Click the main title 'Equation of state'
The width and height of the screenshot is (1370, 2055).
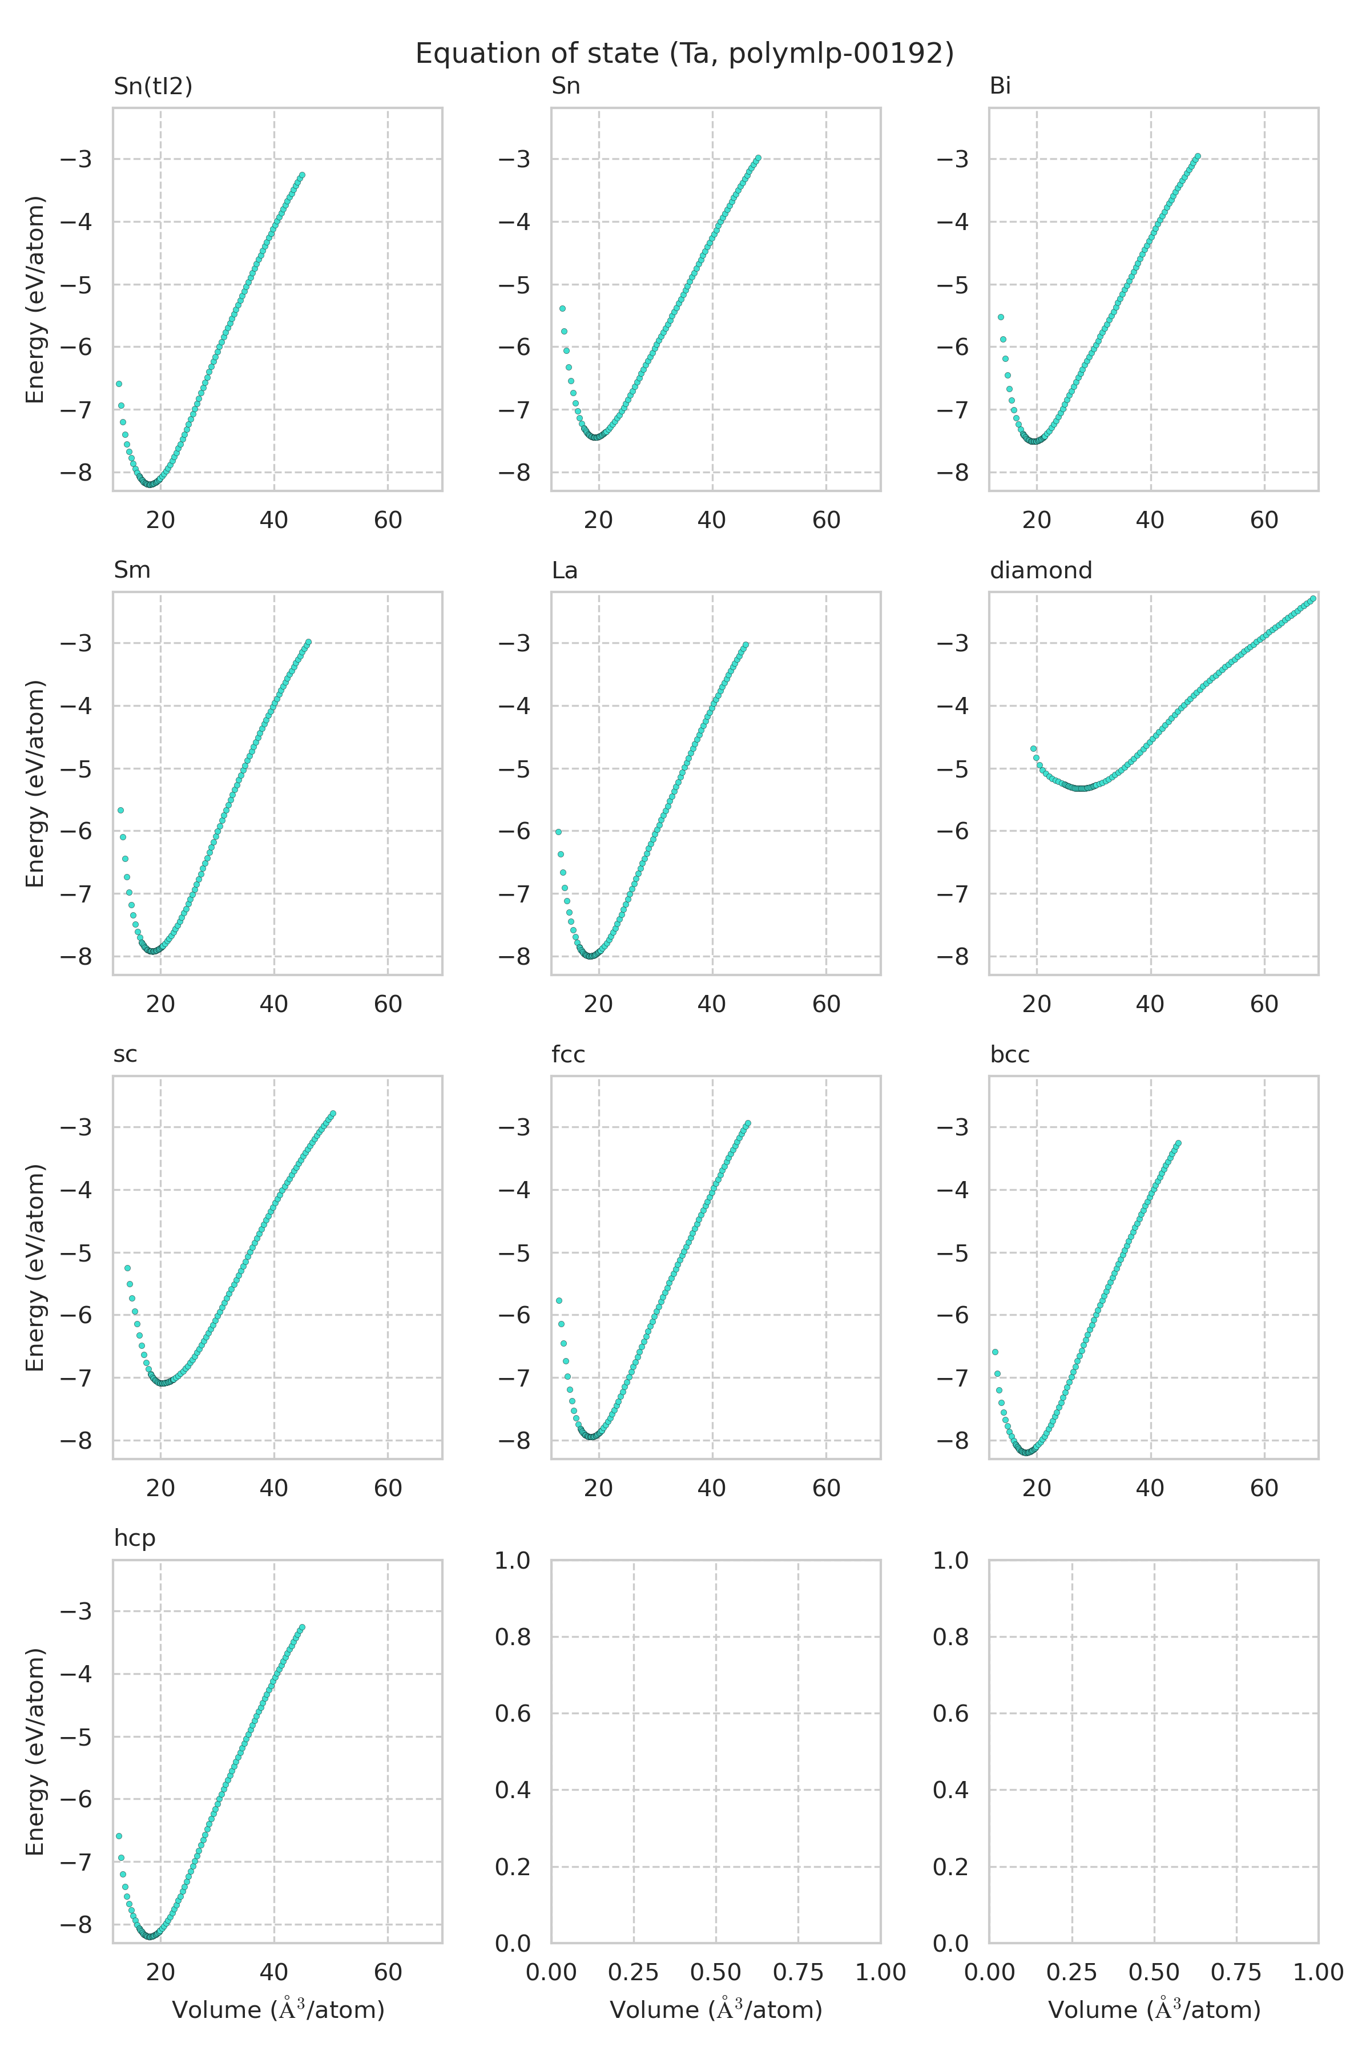tap(684, 54)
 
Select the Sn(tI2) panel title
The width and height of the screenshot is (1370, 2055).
tap(153, 87)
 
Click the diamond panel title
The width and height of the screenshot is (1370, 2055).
tap(1041, 570)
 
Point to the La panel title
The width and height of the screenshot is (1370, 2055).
tap(565, 570)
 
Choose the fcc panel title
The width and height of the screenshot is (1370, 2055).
tap(568, 1054)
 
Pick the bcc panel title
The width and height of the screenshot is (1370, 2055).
tap(1009, 1054)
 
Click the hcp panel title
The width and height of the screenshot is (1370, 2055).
tap(135, 1538)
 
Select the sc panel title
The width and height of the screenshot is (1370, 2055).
tap(125, 1054)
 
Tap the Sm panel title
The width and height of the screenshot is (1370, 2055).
tap(132, 570)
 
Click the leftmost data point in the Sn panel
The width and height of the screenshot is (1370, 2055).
tap(562, 308)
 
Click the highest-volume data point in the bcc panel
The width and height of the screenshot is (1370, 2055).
tap(1178, 1143)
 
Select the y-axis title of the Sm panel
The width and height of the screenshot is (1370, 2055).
tap(35, 784)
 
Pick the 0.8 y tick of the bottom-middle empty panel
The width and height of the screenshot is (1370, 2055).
tap(514, 1637)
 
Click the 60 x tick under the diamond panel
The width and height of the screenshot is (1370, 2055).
tap(1263, 1004)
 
